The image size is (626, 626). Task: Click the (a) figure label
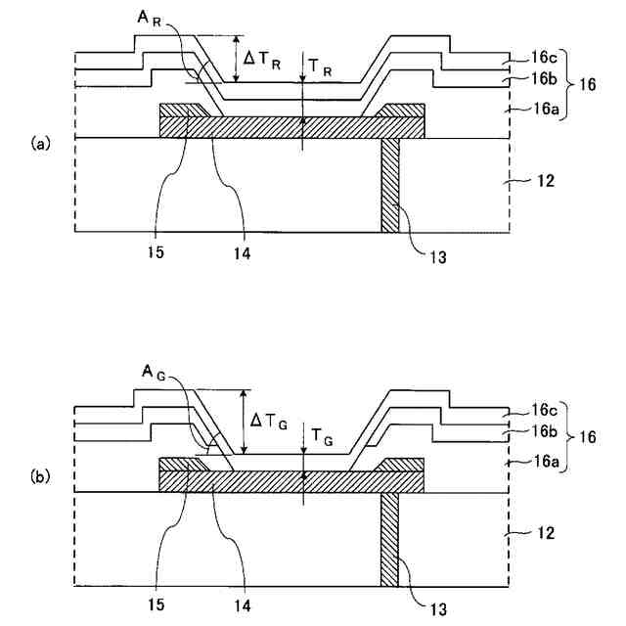(40, 144)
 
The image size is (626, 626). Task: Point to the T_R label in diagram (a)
(320, 67)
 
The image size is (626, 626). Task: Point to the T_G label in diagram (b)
(320, 440)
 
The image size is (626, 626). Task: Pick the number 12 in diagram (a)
(547, 181)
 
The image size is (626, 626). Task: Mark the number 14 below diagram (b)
(241, 606)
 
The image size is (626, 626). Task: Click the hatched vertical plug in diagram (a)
(390, 185)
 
